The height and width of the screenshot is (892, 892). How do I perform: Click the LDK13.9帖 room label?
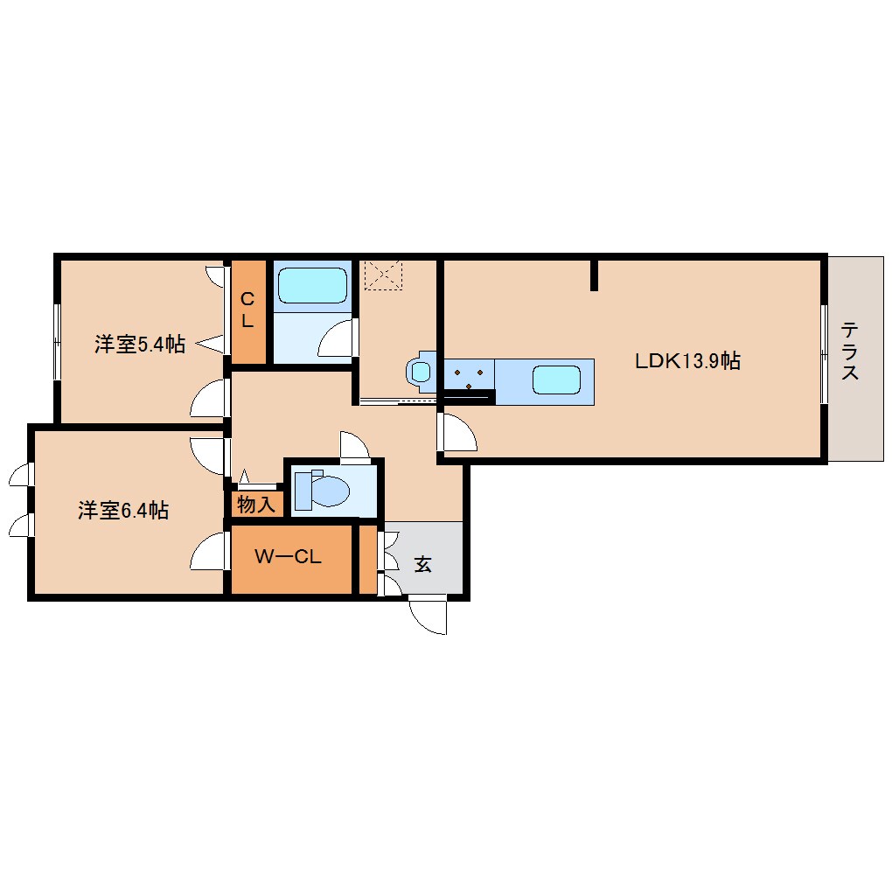point(687,360)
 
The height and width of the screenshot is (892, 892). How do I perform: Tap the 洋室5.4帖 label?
point(140,345)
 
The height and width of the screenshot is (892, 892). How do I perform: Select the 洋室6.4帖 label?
point(123,510)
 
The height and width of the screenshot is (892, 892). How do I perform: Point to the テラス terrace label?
point(849,351)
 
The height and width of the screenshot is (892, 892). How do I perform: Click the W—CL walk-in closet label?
point(289,556)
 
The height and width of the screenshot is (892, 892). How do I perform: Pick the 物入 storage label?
point(256,504)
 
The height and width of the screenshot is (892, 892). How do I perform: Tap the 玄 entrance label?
point(422,564)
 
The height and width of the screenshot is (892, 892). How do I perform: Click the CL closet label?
point(247,310)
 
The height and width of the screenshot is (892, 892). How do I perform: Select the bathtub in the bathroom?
point(312,286)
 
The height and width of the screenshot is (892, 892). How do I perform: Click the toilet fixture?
point(323,489)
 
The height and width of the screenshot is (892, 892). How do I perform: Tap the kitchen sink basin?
point(556,380)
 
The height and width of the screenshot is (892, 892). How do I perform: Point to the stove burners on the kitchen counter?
point(469,378)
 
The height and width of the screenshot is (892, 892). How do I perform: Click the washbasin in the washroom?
point(421,372)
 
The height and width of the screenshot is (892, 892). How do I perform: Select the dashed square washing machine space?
point(383,275)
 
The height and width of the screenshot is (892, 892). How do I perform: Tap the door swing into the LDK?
point(457,432)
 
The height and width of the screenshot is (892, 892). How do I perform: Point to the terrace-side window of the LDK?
point(825,355)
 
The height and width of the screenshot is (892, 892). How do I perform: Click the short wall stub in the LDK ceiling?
point(594,275)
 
